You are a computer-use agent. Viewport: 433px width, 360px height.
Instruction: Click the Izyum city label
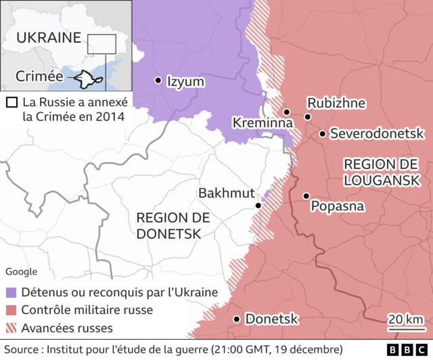(x=185, y=81)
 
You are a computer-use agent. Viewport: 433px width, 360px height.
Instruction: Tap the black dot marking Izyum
(x=158, y=81)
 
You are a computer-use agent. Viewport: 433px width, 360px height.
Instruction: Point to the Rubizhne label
(x=336, y=103)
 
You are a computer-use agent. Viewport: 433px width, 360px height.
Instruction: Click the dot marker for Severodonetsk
(x=323, y=134)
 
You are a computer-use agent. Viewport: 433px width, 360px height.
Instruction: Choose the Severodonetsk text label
(x=376, y=134)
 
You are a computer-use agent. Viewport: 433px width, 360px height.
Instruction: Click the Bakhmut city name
(x=226, y=194)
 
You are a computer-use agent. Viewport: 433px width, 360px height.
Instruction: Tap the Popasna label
(x=337, y=206)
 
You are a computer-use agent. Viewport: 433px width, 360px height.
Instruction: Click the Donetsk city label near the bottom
(x=271, y=319)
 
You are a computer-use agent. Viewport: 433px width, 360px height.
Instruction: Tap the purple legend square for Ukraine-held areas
(x=11, y=293)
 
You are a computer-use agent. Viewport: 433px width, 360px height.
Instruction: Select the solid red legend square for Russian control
(x=11, y=311)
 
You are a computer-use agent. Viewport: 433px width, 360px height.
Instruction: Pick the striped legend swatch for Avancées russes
(x=11, y=328)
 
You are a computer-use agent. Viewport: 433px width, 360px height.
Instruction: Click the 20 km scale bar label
(x=406, y=319)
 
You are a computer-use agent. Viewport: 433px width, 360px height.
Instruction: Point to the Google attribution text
(x=22, y=271)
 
